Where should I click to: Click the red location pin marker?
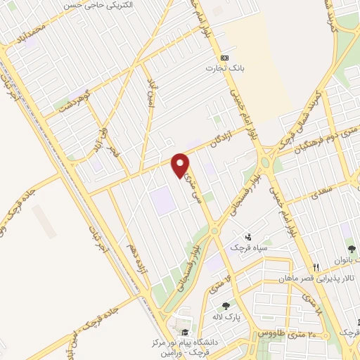click(181, 164)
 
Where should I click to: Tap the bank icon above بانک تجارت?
click(224, 58)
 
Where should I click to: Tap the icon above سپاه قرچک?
click(248, 237)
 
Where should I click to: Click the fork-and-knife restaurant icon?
click(316, 267)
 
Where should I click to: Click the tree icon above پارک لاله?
click(225, 306)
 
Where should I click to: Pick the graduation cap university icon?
click(184, 333)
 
